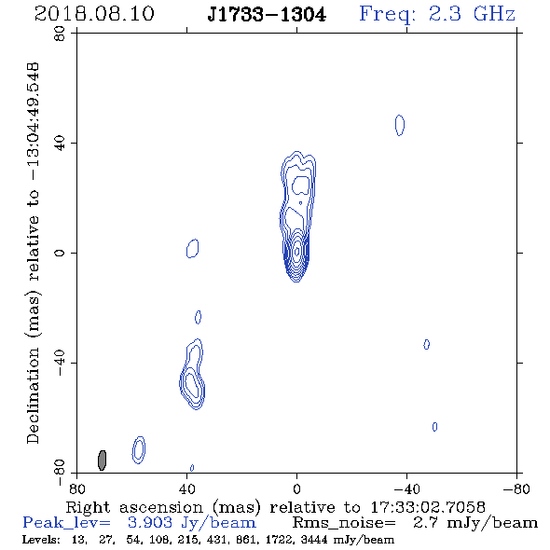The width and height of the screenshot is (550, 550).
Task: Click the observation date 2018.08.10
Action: (x=94, y=14)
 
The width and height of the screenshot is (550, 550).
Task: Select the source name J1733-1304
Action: (x=267, y=15)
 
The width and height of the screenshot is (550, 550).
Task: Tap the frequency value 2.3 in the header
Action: (x=445, y=14)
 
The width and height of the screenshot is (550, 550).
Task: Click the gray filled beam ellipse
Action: (x=102, y=461)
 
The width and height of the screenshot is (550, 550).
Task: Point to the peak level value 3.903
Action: (x=150, y=523)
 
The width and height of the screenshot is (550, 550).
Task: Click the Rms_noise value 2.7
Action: (x=425, y=523)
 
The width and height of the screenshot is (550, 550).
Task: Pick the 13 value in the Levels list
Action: (x=78, y=540)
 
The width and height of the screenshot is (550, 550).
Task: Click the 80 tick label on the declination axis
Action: (x=60, y=34)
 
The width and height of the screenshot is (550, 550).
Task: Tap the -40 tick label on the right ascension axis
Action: (x=406, y=488)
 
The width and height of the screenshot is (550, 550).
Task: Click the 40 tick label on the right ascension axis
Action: (x=186, y=488)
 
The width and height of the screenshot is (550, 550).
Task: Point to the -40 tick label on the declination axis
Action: (x=60, y=363)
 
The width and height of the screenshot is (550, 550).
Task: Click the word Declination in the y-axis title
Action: (x=33, y=396)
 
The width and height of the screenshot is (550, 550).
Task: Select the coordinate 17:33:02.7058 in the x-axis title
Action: (x=428, y=507)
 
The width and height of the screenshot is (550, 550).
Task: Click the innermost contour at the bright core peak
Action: (x=297, y=251)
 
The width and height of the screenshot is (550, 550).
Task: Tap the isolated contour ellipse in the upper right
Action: (x=400, y=125)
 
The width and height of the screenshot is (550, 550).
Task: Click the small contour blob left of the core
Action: (x=192, y=248)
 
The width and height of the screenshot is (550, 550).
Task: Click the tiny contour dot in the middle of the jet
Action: (x=300, y=202)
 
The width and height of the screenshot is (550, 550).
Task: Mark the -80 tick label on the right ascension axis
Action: (x=516, y=488)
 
